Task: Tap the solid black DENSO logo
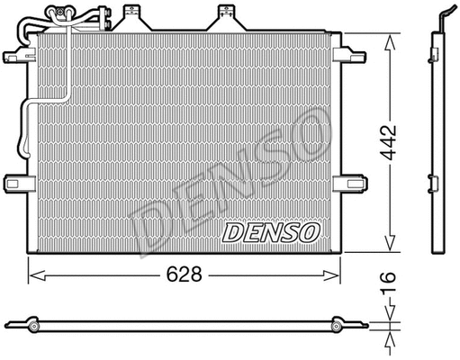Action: pos(271,232)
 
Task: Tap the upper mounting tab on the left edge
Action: pos(16,53)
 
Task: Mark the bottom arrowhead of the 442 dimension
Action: pos(389,247)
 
